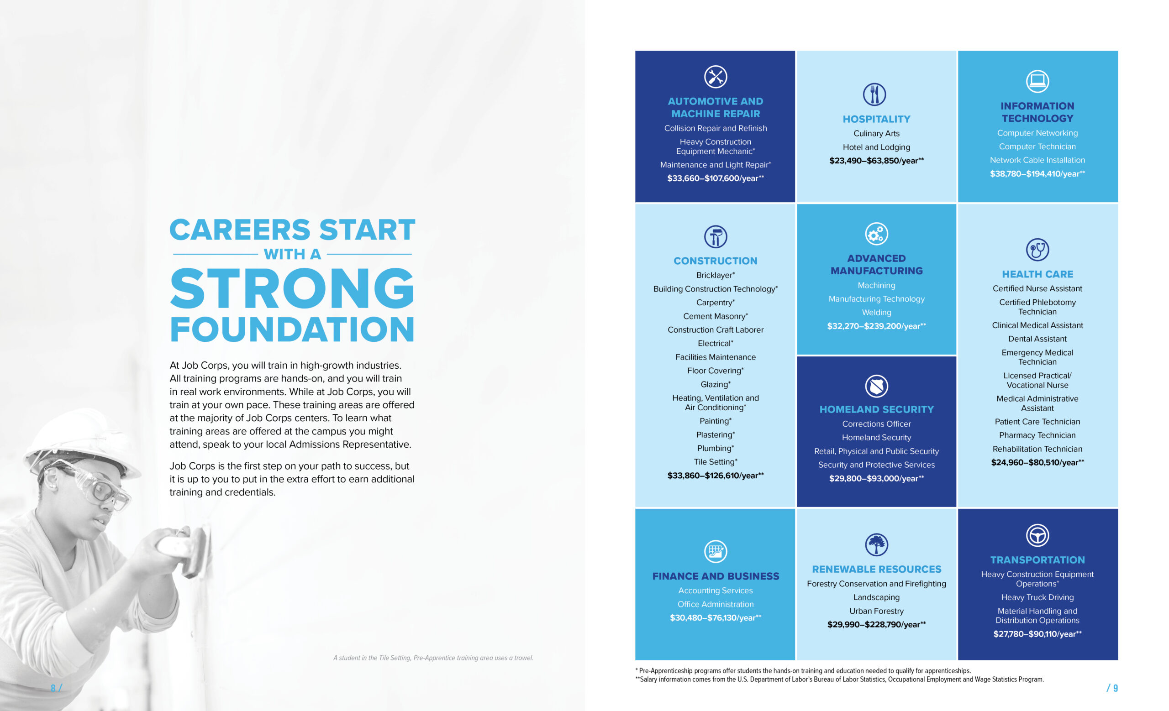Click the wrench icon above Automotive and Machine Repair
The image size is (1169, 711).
(715, 77)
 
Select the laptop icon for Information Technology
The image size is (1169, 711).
(1037, 81)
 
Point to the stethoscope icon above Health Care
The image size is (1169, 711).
(1037, 249)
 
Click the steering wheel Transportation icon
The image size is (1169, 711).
(1037, 536)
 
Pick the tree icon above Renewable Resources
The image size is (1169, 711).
(876, 544)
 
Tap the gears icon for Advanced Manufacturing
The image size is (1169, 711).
(876, 234)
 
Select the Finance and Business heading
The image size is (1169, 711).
(715, 576)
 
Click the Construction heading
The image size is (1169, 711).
(715, 261)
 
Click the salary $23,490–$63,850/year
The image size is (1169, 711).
(876, 161)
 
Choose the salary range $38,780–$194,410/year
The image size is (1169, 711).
(1037, 174)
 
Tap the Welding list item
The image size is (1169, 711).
(876, 312)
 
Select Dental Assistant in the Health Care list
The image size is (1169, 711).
(1037, 339)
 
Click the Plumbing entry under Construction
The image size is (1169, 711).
(715, 449)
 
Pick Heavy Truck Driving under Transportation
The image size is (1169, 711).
(1037, 597)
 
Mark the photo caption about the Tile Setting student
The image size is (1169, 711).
(433, 658)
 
